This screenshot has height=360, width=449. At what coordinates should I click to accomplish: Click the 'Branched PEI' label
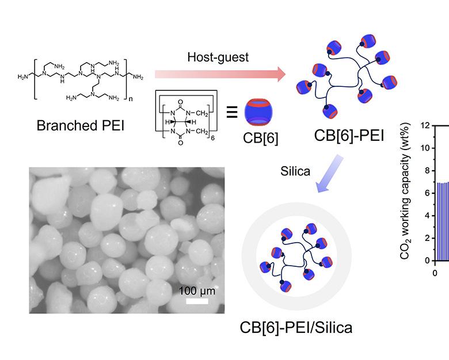73,125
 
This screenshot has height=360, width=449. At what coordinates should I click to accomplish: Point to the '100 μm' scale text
196,291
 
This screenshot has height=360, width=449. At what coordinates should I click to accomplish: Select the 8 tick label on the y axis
425,171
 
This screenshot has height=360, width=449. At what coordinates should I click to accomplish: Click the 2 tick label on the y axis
425,239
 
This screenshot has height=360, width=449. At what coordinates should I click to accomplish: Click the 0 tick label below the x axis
435,273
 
